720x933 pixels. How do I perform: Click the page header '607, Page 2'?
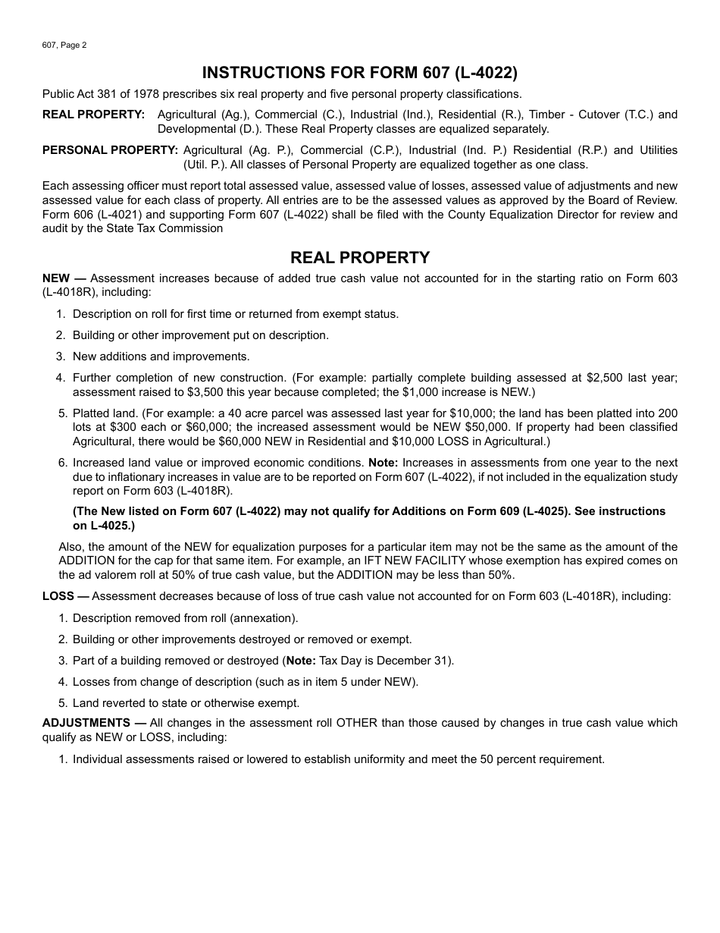tap(64, 45)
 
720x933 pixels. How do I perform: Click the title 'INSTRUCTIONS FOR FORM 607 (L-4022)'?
tap(360, 73)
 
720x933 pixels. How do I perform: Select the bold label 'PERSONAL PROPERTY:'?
tap(110, 150)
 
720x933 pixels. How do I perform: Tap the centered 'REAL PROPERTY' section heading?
tap(360, 258)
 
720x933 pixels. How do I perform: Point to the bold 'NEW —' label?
tap(64, 278)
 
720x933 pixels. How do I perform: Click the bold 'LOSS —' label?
tap(66, 596)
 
